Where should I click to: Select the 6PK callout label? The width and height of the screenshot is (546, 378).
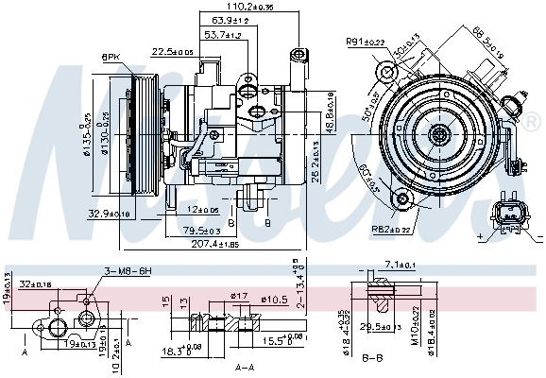111,59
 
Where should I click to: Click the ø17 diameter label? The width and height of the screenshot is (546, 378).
239,298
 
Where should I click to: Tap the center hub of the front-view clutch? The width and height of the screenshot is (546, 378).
438,135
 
